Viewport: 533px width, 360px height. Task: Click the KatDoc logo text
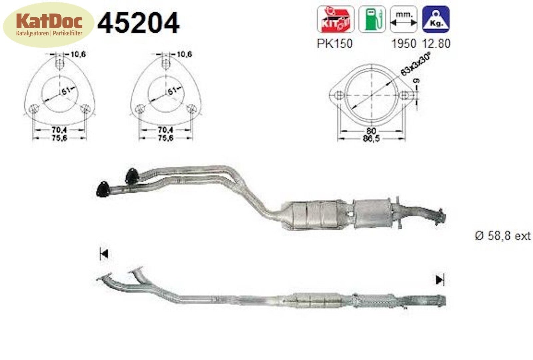click(49, 21)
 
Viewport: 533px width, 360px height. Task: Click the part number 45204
click(138, 23)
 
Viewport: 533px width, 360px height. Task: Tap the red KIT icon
click(335, 19)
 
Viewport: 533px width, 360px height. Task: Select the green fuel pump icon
click(372, 19)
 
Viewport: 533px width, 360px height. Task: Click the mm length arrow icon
click(403, 19)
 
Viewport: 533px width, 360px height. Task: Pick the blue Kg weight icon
click(436, 19)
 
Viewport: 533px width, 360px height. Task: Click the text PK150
click(334, 44)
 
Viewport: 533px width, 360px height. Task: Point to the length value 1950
click(403, 44)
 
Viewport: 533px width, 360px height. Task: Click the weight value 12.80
click(436, 44)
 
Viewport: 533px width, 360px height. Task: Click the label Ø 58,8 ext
click(502, 236)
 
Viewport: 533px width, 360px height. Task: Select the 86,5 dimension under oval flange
click(371, 138)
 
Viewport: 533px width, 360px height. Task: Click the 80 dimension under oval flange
click(371, 131)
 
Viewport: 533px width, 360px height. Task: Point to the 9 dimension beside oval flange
click(417, 81)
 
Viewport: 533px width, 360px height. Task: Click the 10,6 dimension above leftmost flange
click(78, 54)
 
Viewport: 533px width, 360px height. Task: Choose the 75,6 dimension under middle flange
click(166, 138)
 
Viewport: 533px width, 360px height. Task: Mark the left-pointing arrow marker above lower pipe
click(104, 254)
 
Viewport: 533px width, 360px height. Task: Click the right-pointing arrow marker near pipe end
click(440, 280)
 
